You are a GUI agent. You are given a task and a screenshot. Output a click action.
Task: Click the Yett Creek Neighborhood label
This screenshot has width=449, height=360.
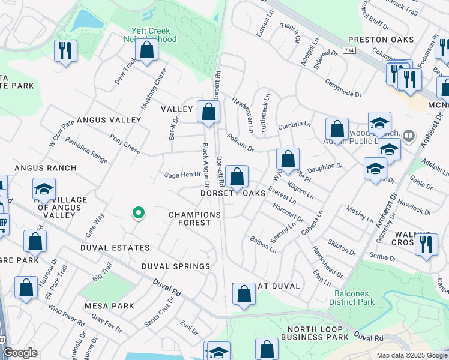(x=151, y=35)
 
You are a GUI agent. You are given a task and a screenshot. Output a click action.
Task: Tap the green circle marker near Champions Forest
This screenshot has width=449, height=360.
(x=139, y=212)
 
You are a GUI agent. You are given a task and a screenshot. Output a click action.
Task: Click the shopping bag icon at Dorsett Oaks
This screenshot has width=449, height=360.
(x=237, y=176)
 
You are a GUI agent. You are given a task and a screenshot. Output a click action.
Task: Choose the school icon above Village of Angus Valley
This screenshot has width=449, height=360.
(x=44, y=189)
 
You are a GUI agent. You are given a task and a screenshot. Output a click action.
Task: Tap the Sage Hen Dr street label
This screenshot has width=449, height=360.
(x=182, y=175)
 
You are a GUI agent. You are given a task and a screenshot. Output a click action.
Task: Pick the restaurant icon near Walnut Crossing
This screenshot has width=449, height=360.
(x=426, y=244)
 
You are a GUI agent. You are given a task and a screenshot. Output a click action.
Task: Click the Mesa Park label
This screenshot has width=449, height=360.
(x=109, y=305)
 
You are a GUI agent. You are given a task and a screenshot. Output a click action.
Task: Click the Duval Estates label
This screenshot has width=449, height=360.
(x=121, y=248)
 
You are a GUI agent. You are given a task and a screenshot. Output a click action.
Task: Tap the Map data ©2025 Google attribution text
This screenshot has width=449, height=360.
(x=411, y=355)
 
